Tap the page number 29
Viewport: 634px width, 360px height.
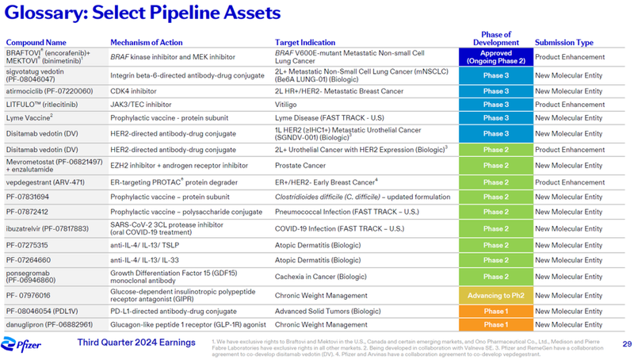click(626, 343)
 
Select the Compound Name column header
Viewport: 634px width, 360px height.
click(36, 42)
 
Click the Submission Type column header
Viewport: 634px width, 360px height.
click(563, 42)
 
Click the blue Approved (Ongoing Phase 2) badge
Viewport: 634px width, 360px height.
click(495, 56)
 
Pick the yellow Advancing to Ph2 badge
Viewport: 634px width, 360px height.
click(495, 295)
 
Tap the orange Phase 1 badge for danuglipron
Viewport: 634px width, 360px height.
click(495, 324)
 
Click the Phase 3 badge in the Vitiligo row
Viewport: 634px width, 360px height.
click(495, 105)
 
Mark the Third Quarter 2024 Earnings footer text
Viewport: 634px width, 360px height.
click(136, 342)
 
